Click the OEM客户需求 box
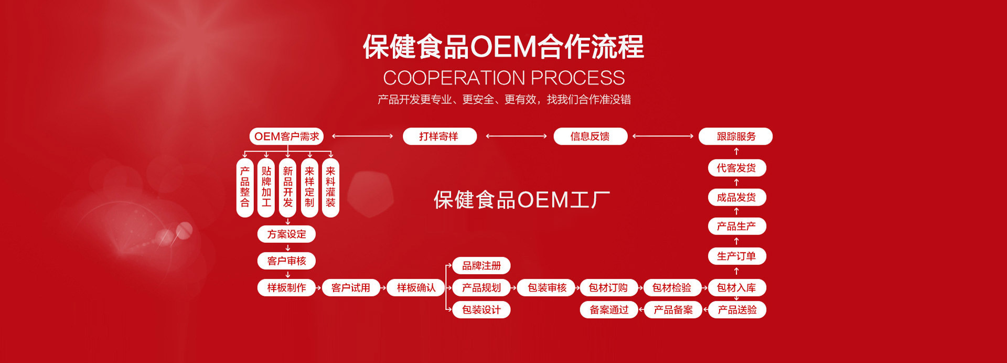tap(286, 136)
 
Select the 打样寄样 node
tap(439, 136)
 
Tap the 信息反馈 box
tap(590, 136)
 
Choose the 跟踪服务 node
tap(736, 136)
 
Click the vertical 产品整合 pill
tap(245, 187)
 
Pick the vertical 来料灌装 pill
tap(330, 187)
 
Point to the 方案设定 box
tap(286, 234)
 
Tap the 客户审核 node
tap(286, 261)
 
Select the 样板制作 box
tap(286, 287)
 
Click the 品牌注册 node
tap(481, 266)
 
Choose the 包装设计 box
tap(481, 310)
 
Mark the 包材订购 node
tap(608, 287)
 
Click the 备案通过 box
tap(608, 310)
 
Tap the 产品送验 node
tap(737, 310)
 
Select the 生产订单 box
tap(736, 256)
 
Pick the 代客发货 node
tap(736, 168)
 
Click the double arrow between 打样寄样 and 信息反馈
tap(516, 136)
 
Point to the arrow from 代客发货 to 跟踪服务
tap(736, 152)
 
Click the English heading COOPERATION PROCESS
tap(504, 78)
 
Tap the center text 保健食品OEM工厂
tap(521, 200)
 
